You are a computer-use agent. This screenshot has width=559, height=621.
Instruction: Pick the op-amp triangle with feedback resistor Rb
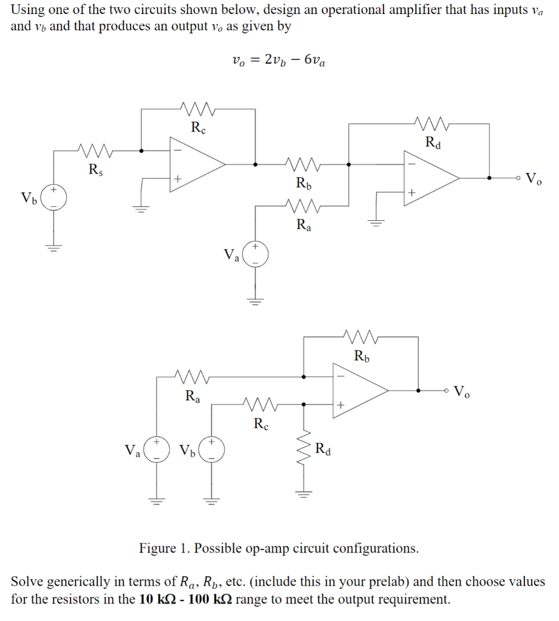359,391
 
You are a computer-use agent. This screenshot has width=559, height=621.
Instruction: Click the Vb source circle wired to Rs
54,197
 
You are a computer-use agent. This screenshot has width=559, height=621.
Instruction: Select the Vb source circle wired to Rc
212,451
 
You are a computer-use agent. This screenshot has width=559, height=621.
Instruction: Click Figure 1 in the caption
166,549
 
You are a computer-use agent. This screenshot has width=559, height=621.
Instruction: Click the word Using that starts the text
27,10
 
